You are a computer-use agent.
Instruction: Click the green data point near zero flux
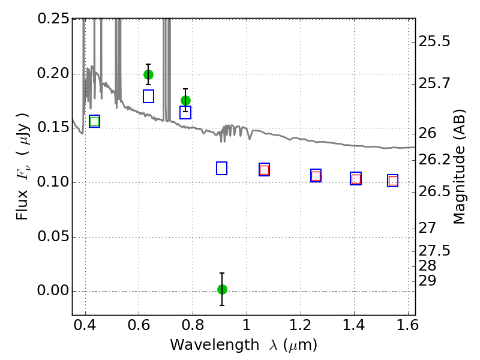[x=222, y=289]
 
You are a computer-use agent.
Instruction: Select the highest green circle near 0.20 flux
[x=148, y=74]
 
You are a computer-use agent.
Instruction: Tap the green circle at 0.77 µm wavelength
[x=185, y=100]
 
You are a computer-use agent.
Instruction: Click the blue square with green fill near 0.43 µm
[x=94, y=121]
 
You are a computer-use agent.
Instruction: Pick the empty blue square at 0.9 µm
[x=221, y=168]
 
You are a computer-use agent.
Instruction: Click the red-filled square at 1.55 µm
[x=393, y=181]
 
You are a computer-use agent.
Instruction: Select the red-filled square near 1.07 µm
[x=264, y=170]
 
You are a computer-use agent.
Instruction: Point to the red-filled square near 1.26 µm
[x=316, y=176]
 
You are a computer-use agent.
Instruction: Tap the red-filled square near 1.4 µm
[x=356, y=179]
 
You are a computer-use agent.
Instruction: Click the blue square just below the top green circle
[x=148, y=96]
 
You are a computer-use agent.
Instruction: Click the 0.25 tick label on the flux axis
[x=53, y=19]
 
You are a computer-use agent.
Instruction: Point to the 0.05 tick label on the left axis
[x=53, y=237]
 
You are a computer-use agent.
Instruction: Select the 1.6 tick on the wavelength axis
[x=407, y=328]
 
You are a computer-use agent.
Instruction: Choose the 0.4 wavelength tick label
[x=85, y=328]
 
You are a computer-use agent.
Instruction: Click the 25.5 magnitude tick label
[x=436, y=42]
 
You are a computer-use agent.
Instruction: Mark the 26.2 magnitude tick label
[x=436, y=160]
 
